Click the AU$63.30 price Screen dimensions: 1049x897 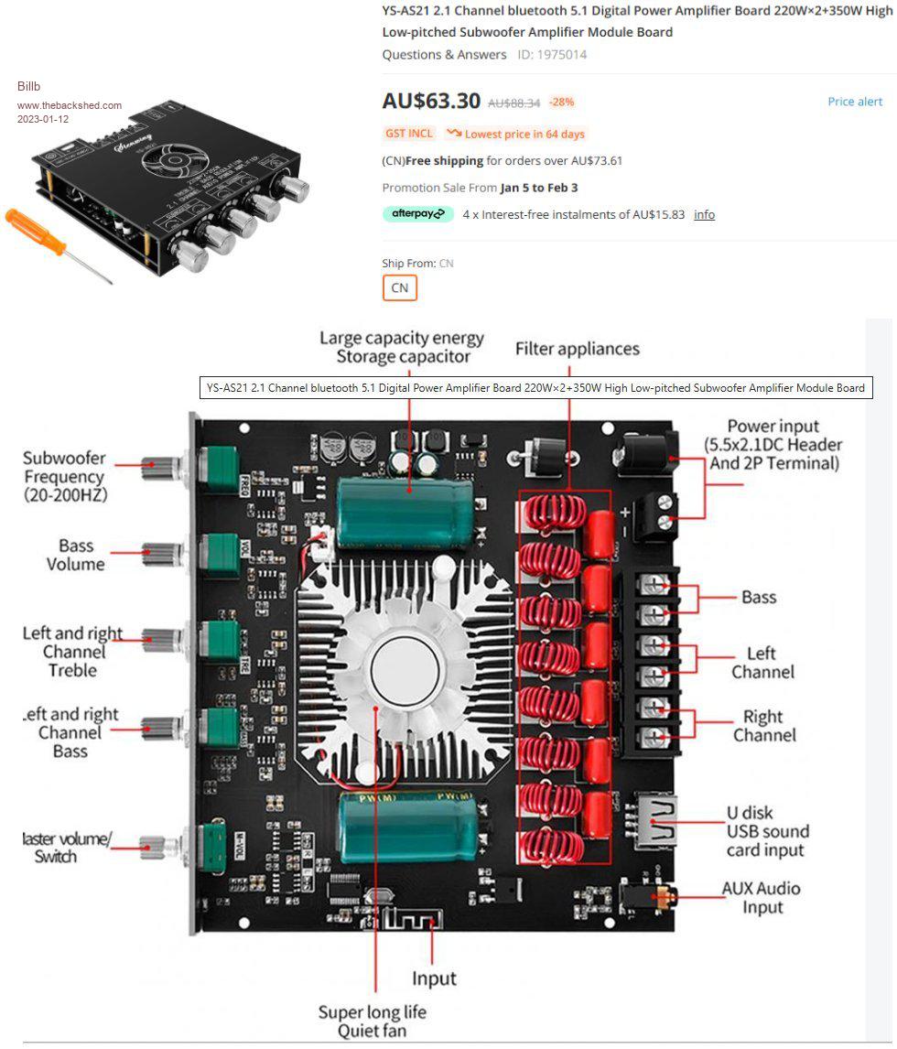pyautogui.click(x=430, y=101)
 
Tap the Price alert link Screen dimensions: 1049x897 pyautogui.click(x=855, y=102)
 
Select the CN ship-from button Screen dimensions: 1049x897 pyautogui.click(x=399, y=287)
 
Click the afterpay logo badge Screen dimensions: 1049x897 pyautogui.click(x=417, y=214)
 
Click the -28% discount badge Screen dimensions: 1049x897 pyautogui.click(x=561, y=102)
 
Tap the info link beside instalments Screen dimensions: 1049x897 pyautogui.click(x=704, y=214)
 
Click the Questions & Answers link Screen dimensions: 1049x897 pyautogui.click(x=444, y=55)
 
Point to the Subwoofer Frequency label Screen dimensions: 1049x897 pyautogui.click(x=64, y=476)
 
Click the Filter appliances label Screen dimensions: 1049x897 pyautogui.click(x=577, y=349)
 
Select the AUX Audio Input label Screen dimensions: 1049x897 pyautogui.click(x=761, y=897)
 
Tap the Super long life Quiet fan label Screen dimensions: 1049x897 pyautogui.click(x=372, y=1021)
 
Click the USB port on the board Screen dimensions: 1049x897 pyautogui.click(x=656, y=820)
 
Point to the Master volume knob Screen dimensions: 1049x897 pyautogui.click(x=166, y=844)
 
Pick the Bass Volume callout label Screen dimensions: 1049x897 pyautogui.click(x=75, y=555)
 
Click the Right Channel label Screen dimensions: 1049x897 pyautogui.click(x=763, y=725)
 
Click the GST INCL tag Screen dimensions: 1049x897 pyautogui.click(x=409, y=134)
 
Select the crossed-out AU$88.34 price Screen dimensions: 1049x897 pyautogui.click(x=513, y=103)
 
